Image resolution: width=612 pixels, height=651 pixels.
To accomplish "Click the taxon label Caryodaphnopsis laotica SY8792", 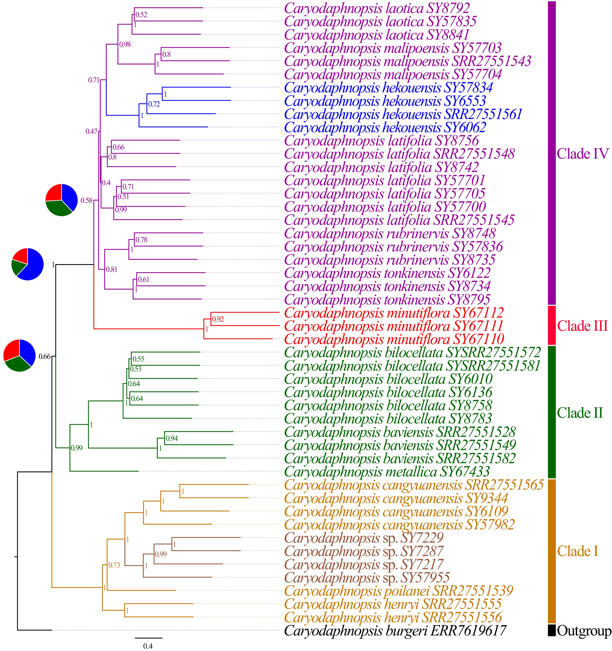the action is [x=377, y=8].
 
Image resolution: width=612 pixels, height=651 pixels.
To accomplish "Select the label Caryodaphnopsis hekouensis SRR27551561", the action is [x=403, y=114].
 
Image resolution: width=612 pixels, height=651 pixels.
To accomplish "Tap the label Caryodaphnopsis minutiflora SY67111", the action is [x=394, y=326].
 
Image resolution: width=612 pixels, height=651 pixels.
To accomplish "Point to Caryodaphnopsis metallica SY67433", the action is [x=387, y=472].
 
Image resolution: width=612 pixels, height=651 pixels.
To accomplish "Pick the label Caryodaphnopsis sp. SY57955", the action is [x=367, y=578].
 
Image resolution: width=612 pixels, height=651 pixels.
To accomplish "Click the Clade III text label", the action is [x=583, y=326].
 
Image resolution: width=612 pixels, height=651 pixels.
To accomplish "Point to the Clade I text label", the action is [x=578, y=551].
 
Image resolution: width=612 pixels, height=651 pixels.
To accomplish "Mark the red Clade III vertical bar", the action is [x=552, y=325].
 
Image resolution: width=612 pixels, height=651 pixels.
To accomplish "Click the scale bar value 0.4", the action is [x=148, y=646].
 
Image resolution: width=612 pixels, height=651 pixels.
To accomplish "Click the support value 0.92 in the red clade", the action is [x=218, y=319].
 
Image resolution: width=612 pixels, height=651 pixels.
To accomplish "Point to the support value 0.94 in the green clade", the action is [x=172, y=438].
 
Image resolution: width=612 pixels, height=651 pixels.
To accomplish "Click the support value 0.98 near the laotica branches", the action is [x=125, y=45].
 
